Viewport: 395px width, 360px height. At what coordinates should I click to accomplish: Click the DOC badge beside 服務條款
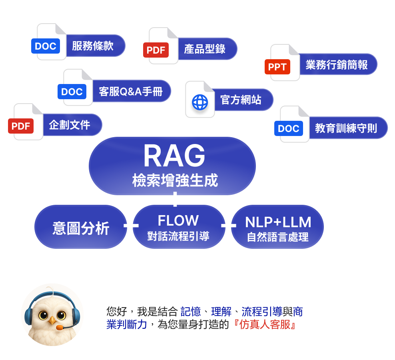click(46, 46)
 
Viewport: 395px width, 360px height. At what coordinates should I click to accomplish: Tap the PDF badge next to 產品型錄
click(156, 50)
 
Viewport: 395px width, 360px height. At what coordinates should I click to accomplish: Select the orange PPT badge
click(277, 67)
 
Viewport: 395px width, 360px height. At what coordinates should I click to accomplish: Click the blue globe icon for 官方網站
click(200, 102)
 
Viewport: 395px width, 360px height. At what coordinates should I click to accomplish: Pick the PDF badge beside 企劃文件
click(21, 126)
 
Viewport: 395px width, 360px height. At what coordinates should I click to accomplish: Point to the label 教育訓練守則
click(346, 128)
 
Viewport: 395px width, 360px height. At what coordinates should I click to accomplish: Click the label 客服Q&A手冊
click(130, 91)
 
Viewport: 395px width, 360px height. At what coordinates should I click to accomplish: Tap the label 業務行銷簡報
click(336, 65)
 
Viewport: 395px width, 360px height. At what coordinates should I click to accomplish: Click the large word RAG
click(174, 156)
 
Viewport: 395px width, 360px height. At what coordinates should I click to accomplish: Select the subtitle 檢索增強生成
click(175, 181)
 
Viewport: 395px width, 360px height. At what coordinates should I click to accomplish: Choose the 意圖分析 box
click(81, 228)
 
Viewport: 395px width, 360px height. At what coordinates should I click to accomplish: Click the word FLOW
click(178, 220)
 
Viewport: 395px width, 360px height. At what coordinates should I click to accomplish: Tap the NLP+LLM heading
click(278, 222)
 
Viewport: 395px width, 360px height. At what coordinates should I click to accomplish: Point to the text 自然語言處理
click(278, 237)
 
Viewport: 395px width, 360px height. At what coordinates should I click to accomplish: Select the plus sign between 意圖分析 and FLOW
click(131, 226)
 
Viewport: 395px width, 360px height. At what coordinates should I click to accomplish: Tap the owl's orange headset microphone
click(60, 327)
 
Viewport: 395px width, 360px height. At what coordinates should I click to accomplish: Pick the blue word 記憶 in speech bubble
click(190, 311)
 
